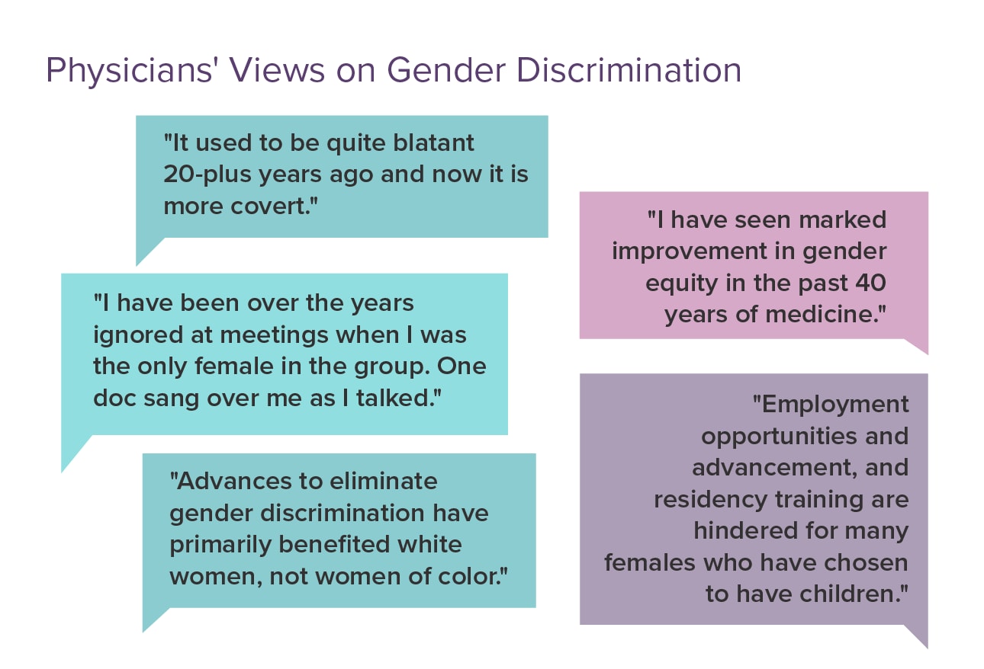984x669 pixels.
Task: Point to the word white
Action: tap(435, 545)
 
